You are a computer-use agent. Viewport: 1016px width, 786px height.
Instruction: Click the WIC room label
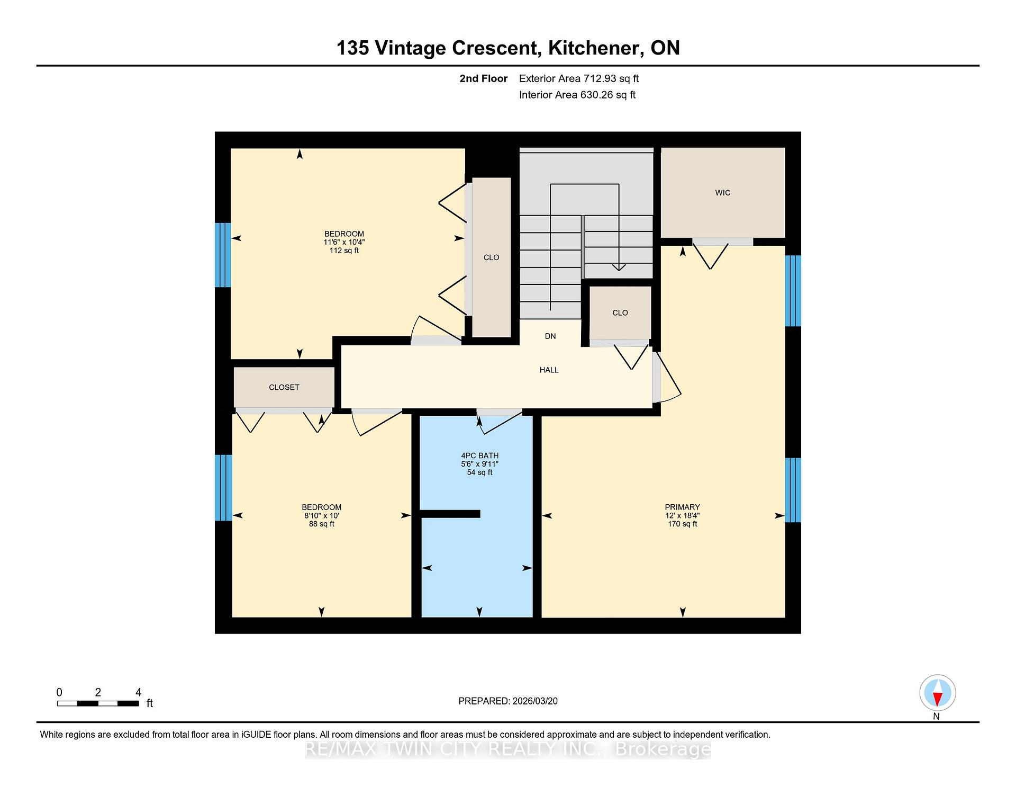[x=722, y=193]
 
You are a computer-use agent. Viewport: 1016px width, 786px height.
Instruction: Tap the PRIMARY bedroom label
[x=683, y=507]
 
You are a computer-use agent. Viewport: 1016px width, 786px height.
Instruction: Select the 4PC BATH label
[x=479, y=455]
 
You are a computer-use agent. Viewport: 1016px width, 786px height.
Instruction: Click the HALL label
[x=549, y=370]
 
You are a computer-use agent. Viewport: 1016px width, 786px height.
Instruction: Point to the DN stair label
[x=550, y=336]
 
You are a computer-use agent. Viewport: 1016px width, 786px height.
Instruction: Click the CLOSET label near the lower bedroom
[x=284, y=387]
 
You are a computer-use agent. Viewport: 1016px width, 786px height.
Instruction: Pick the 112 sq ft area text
[x=344, y=251]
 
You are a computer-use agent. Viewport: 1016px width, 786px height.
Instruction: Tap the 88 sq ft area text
[x=322, y=524]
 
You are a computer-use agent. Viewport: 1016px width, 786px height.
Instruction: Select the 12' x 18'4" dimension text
[x=683, y=515]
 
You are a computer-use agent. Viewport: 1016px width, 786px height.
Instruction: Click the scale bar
[x=98, y=703]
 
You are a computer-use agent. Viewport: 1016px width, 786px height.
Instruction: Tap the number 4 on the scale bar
[x=139, y=692]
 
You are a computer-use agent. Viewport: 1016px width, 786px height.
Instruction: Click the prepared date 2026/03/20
[x=535, y=701]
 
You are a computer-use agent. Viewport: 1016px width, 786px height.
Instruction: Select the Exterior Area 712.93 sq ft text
[x=579, y=78]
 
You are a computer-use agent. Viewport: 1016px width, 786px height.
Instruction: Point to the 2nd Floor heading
[x=484, y=78]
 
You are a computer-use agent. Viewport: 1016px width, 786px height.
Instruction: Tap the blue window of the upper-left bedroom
[x=223, y=255]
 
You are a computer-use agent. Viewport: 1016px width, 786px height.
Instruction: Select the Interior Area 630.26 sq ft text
[x=577, y=95]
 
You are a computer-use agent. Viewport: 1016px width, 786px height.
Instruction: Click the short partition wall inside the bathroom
[x=450, y=514]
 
